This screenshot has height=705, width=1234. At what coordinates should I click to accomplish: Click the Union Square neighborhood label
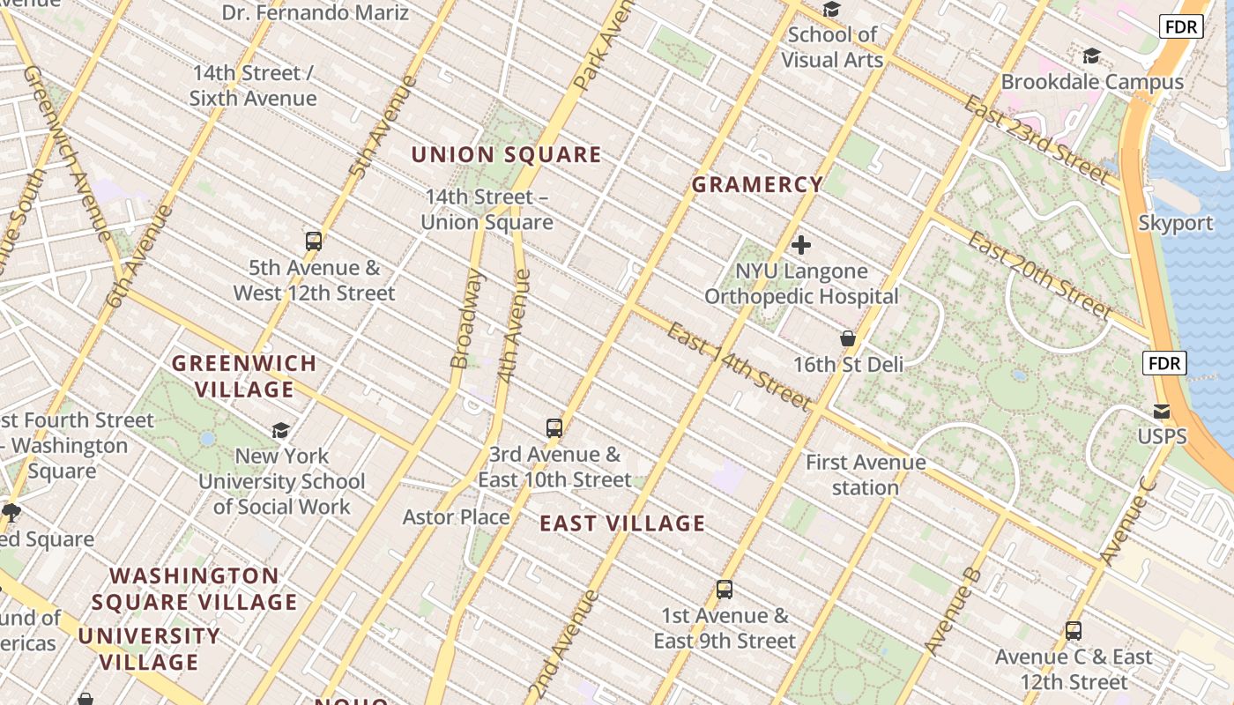pyautogui.click(x=506, y=155)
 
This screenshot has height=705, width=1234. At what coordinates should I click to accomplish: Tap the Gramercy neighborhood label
pyautogui.click(x=757, y=184)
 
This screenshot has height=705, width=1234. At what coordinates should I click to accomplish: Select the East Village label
pyautogui.click(x=622, y=523)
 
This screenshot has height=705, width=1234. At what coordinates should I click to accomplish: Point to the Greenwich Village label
pyautogui.click(x=244, y=376)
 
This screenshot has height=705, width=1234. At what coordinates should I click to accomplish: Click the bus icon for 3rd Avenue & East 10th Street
pyautogui.click(x=554, y=428)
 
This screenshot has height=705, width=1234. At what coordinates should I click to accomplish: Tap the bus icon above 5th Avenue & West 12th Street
pyautogui.click(x=313, y=241)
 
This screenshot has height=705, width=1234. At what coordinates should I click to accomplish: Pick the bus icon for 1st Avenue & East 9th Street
pyautogui.click(x=725, y=590)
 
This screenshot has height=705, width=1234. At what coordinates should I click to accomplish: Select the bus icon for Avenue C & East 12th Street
pyautogui.click(x=1073, y=631)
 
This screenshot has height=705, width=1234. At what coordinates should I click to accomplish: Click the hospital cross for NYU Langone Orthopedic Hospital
pyautogui.click(x=801, y=245)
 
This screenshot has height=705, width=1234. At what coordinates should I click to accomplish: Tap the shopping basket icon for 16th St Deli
pyautogui.click(x=848, y=338)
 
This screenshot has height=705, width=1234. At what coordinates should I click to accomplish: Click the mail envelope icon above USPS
pyautogui.click(x=1162, y=412)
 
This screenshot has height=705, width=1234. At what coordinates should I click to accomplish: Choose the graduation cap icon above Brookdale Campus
pyautogui.click(x=1091, y=56)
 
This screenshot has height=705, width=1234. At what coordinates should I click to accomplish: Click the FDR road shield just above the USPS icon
pyautogui.click(x=1164, y=363)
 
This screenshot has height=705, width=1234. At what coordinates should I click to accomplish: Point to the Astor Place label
pyautogui.click(x=456, y=517)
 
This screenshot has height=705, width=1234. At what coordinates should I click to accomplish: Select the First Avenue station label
pyautogui.click(x=866, y=474)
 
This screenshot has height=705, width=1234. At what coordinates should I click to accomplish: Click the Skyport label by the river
pyautogui.click(x=1176, y=223)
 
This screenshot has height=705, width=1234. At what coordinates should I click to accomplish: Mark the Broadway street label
pyautogui.click(x=466, y=319)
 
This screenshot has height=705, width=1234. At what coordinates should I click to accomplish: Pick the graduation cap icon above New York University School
pyautogui.click(x=281, y=430)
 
